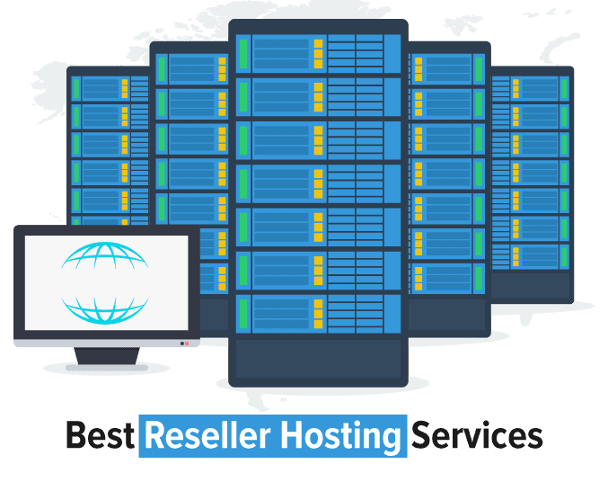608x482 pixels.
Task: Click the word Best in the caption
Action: click(100, 436)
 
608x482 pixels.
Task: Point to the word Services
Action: click(476, 436)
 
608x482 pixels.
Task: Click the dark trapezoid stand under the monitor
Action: click(105, 356)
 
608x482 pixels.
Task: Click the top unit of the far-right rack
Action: click(531, 87)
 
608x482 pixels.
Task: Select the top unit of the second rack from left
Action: click(191, 68)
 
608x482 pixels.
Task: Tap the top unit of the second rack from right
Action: click(446, 68)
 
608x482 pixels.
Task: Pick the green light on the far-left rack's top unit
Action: click(76, 88)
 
